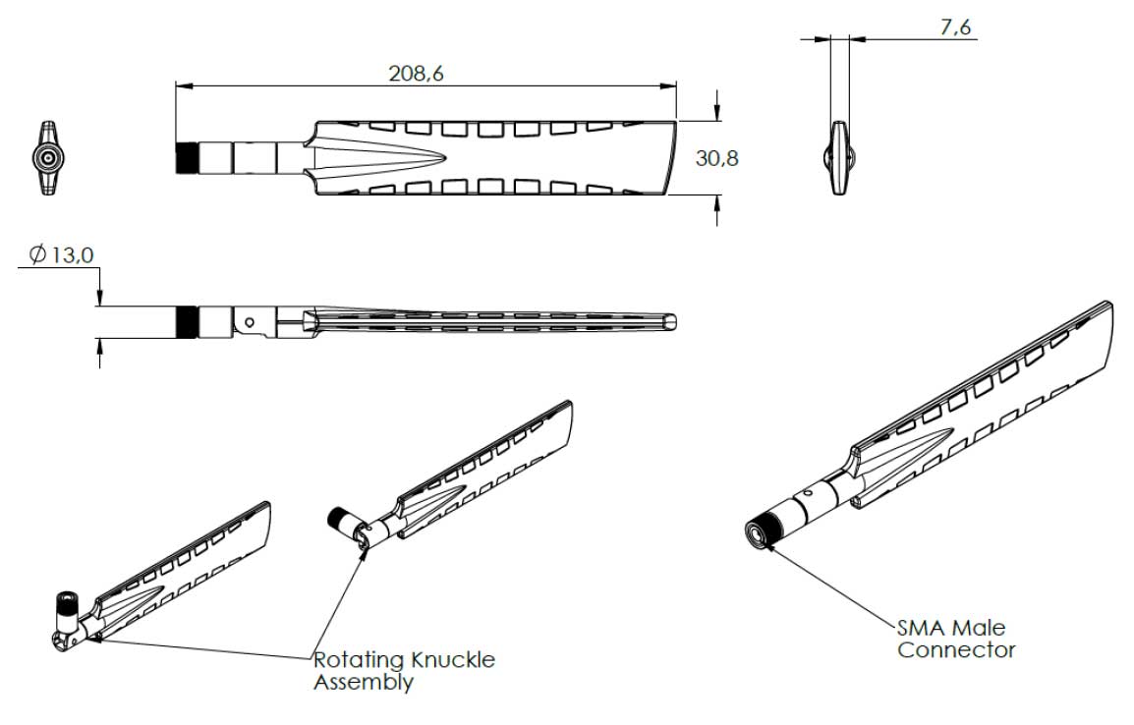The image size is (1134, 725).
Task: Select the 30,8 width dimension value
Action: coord(716,157)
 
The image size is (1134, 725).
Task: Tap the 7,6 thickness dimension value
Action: coord(955,28)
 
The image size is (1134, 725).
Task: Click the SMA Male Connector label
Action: coord(951,639)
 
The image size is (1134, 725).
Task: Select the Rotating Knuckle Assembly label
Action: coord(404,670)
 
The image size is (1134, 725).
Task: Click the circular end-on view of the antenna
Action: coord(47,158)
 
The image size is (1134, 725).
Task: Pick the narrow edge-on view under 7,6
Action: coord(838,158)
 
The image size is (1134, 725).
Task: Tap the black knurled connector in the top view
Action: coord(187,157)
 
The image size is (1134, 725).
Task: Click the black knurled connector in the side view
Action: coord(187,321)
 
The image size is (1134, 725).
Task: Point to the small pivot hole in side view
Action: coord(252,320)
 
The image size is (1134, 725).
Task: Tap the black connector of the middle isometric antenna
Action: coord(340,520)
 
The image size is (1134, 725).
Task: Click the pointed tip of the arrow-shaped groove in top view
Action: coord(446,158)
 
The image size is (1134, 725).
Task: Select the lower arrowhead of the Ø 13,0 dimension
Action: coord(100,345)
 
